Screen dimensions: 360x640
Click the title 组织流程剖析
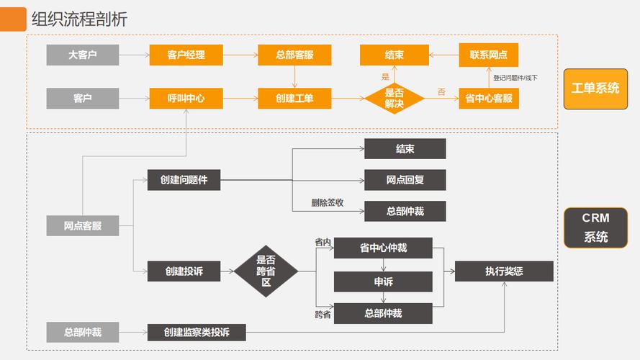coord(79,19)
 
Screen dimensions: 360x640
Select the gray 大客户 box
coord(82,55)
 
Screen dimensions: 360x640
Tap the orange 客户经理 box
coord(186,55)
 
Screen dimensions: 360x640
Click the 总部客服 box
coord(294,55)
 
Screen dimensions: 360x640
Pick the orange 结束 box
coord(394,55)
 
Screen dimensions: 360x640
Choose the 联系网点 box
coord(488,55)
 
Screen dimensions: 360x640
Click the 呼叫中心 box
coord(186,98)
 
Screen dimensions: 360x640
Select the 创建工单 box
coord(294,98)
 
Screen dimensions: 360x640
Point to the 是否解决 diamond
coord(394,98)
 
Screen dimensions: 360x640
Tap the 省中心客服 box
coord(488,98)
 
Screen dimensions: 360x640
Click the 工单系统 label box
coord(595,89)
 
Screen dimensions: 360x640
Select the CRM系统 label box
coord(595,227)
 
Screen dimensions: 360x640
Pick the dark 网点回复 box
coord(405,180)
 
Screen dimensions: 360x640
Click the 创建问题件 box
coord(184,180)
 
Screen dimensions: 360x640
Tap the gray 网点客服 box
coord(82,225)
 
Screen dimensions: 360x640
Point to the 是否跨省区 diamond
coord(266,271)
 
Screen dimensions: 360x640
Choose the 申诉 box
coord(383,282)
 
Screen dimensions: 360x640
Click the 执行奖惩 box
coord(503,271)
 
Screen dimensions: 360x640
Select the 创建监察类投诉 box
coord(196,332)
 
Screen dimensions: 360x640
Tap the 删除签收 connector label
coord(327,202)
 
